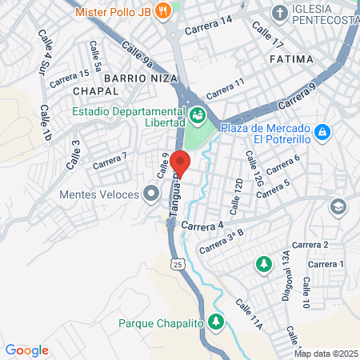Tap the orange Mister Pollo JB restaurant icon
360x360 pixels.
pos(163,11)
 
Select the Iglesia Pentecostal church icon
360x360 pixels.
pos(279,12)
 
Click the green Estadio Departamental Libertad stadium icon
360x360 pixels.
pos(197,118)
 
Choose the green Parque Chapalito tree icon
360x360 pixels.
pos(215,322)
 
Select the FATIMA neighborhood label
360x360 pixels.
pos(292,60)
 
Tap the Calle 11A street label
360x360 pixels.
pos(248,315)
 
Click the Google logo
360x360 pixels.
pos(26,350)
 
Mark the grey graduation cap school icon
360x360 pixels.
pos(339,206)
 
